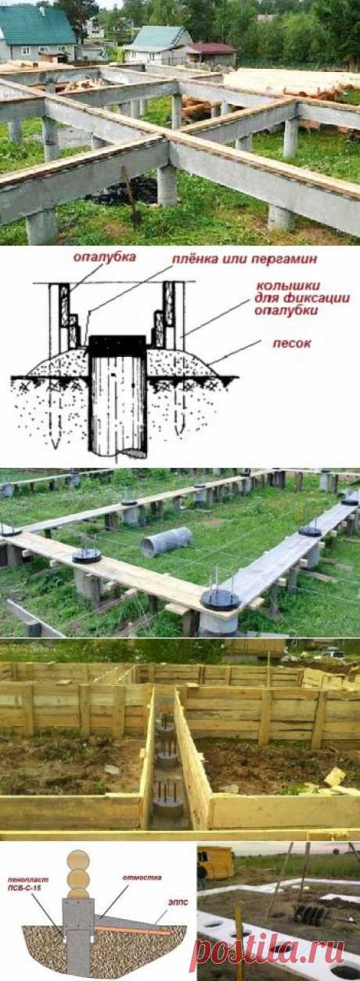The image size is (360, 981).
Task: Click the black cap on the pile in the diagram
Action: click(x=117, y=345)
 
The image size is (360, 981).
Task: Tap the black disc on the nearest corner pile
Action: click(x=220, y=598)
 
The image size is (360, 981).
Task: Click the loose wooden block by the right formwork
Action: click(x=334, y=777)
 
